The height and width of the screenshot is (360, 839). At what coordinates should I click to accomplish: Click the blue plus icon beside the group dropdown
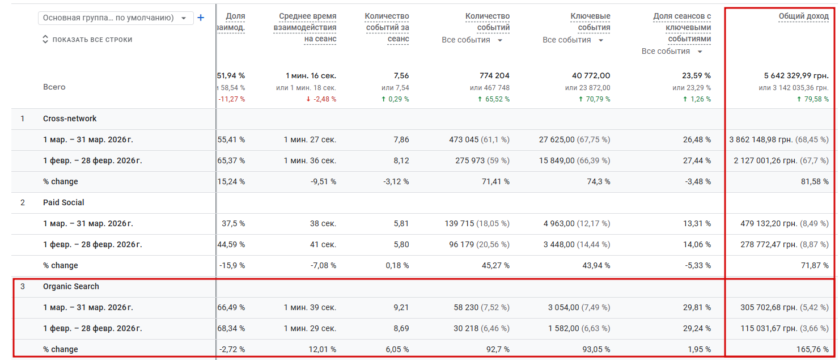point(200,18)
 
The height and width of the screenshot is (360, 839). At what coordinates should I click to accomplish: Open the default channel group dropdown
point(116,18)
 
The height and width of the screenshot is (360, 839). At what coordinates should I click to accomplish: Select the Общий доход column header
point(803,16)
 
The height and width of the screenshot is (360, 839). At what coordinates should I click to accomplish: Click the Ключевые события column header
point(590,22)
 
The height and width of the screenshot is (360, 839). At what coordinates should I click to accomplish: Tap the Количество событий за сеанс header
point(387,27)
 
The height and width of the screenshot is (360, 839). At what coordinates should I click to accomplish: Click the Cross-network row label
point(70,118)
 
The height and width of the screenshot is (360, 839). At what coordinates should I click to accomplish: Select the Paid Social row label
point(63,202)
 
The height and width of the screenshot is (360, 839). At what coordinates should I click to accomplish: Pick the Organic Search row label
point(71,286)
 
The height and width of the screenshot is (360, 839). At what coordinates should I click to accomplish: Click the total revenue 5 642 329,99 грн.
point(796,75)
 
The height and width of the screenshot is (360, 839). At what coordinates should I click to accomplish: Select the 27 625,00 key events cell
point(557,139)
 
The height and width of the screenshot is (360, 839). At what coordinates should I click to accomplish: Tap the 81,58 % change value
point(815,181)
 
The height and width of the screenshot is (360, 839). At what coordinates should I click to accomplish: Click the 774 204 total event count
point(494,75)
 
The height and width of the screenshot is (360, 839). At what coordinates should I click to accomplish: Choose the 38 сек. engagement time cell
point(324,223)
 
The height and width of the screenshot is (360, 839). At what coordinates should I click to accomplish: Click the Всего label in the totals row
point(54,87)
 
